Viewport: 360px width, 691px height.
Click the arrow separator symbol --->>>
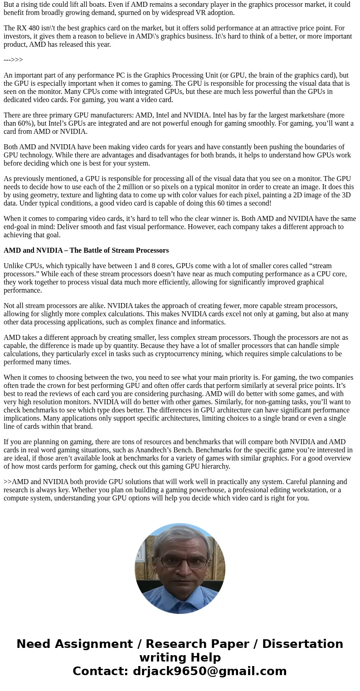pyautogui.click(x=13, y=60)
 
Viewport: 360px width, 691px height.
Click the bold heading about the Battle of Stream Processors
pyautogui.click(x=86, y=250)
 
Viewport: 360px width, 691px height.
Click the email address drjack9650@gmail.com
pyautogui.click(x=209, y=671)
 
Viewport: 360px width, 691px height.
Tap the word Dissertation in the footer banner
pyautogui.click(x=302, y=644)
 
